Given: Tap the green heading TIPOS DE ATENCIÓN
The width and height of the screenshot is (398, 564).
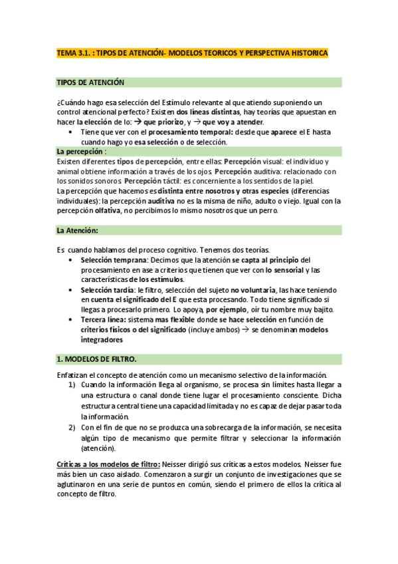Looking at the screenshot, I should pos(90,82).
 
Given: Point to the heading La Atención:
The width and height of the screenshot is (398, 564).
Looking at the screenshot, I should pos(78,230).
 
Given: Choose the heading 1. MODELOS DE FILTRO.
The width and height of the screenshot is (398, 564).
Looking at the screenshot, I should pos(96,359).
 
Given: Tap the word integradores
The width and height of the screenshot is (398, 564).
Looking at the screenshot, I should pos(102,339).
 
